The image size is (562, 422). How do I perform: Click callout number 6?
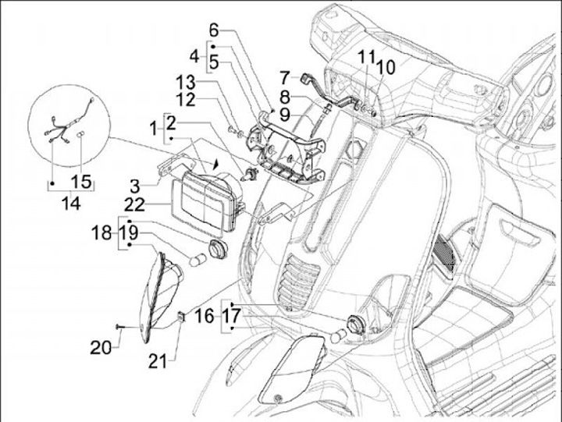click(x=214, y=30)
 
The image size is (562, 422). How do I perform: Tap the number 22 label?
click(x=135, y=205)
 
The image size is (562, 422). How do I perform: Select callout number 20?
click(x=101, y=347)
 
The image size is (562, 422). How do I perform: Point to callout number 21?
click(x=158, y=362)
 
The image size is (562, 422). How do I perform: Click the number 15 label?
click(x=81, y=182)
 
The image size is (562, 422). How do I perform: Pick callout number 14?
click(x=71, y=204)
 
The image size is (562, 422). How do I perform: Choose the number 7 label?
click(x=285, y=78)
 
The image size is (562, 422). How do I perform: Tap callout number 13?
click(x=186, y=83)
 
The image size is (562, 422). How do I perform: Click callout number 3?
click(x=134, y=186)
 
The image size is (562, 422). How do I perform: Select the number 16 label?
click(x=205, y=317)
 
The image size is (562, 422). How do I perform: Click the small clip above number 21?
click(x=182, y=317)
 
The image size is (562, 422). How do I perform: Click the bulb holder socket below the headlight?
click(x=218, y=249)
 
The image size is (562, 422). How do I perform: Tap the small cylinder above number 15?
click(x=80, y=136)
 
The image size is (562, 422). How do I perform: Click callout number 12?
click(x=186, y=100)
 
